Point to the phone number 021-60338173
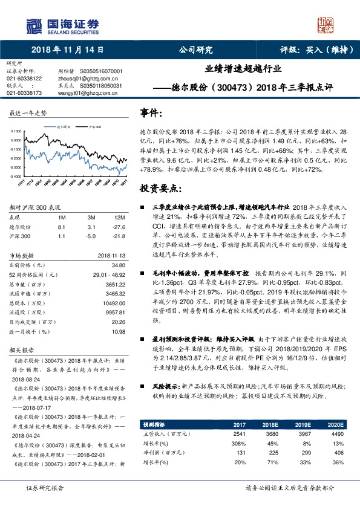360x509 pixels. [x=24, y=93]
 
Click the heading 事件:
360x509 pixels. [x=151, y=113]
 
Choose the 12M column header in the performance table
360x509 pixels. [x=119, y=216]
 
